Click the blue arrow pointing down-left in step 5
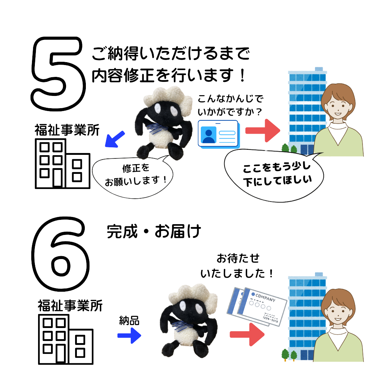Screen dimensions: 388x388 tap(115, 139)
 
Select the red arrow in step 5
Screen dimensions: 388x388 tap(262, 131)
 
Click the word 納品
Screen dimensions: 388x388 tap(129, 320)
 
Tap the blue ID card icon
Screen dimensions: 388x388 tap(218, 134)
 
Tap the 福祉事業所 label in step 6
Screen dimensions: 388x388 tap(70, 306)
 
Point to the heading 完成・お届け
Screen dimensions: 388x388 tap(153, 232)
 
